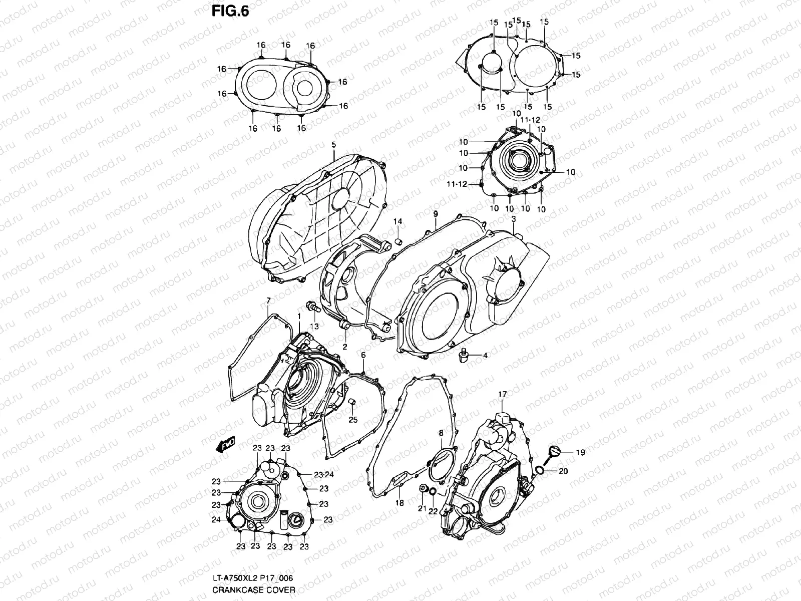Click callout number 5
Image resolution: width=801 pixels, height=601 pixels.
(334, 145)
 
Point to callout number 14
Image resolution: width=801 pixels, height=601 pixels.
(397, 221)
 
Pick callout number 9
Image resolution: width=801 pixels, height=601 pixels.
(436, 214)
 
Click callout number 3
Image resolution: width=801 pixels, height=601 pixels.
(514, 219)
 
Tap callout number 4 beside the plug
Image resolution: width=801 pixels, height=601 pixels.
(485, 356)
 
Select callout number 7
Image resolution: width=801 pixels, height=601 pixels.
(268, 300)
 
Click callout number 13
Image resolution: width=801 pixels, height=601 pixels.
(314, 327)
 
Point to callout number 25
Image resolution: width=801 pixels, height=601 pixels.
(353, 420)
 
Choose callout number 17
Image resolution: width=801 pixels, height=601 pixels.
(502, 395)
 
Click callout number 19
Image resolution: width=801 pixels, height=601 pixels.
(580, 453)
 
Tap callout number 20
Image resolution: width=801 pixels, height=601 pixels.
(563, 471)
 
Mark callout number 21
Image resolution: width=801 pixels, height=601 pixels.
(422, 509)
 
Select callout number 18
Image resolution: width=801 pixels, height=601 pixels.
(399, 503)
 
